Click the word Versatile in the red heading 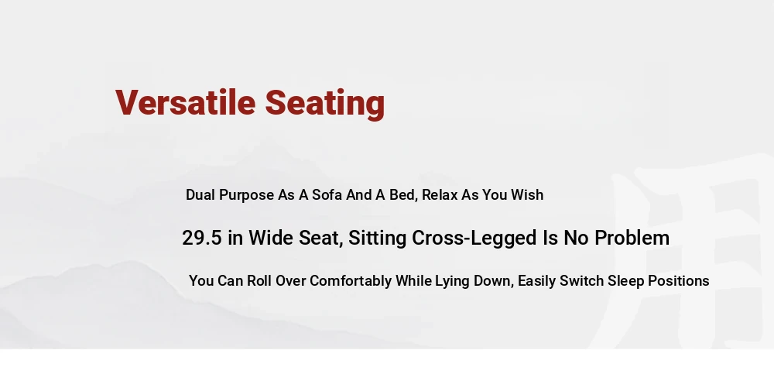coord(186,102)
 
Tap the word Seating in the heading coord(325,104)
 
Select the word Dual coord(200,194)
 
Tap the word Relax coord(440,194)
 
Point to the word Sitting coord(378,239)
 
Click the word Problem coord(632,238)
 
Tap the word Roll coord(259,280)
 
